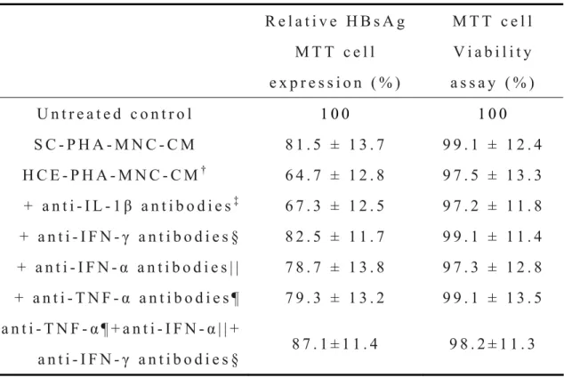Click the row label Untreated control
click(x=115, y=115)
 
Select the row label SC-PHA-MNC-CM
click(x=115, y=145)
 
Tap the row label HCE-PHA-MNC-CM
click(x=115, y=174)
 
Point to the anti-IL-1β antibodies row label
click(x=131, y=205)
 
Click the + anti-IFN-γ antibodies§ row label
click(x=129, y=237)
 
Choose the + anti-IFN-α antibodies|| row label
click(x=128, y=268)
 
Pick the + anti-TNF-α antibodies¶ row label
click(x=127, y=298)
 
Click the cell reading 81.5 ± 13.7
click(x=334, y=145)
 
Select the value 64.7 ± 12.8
click(x=334, y=175)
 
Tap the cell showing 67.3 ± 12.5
click(x=334, y=206)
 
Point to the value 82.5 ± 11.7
click(x=334, y=237)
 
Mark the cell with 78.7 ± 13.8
click(x=334, y=268)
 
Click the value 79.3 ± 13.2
click(x=334, y=298)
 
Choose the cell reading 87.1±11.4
click(x=334, y=344)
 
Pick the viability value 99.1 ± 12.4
click(x=492, y=145)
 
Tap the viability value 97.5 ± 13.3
click(x=492, y=175)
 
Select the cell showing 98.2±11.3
click(x=492, y=344)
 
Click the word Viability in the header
click(x=493, y=52)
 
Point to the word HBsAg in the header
click(x=376, y=21)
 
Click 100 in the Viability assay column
click(x=493, y=115)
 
